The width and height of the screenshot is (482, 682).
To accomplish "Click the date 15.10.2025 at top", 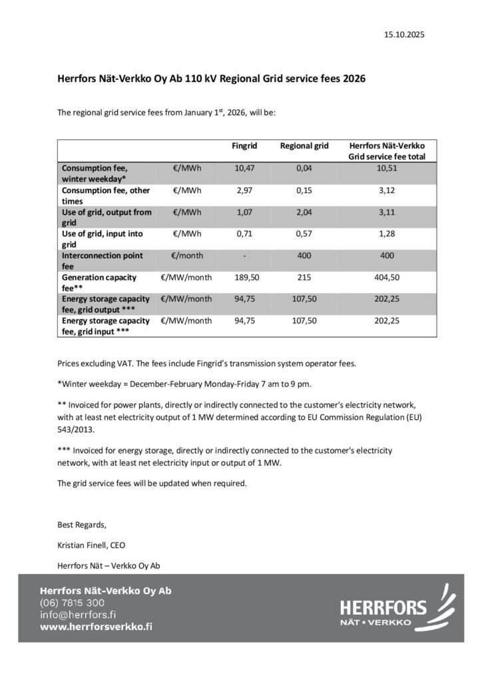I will click(405, 34).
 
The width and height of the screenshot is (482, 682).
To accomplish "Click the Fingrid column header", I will click(244, 145).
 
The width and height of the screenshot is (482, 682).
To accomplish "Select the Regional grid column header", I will click(304, 145).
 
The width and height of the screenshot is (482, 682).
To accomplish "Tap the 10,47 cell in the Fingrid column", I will click(244, 169).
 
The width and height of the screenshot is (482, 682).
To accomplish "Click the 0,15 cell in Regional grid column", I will click(304, 190).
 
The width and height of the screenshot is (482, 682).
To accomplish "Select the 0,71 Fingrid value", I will click(244, 234).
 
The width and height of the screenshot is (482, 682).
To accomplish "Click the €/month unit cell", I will click(187, 255).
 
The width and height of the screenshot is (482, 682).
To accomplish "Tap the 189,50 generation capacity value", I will click(244, 276).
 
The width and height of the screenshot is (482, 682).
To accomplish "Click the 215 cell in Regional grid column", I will click(304, 276).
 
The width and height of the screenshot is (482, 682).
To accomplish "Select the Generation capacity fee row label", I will click(100, 282).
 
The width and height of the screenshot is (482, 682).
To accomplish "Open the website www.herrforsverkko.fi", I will click(96, 627).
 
